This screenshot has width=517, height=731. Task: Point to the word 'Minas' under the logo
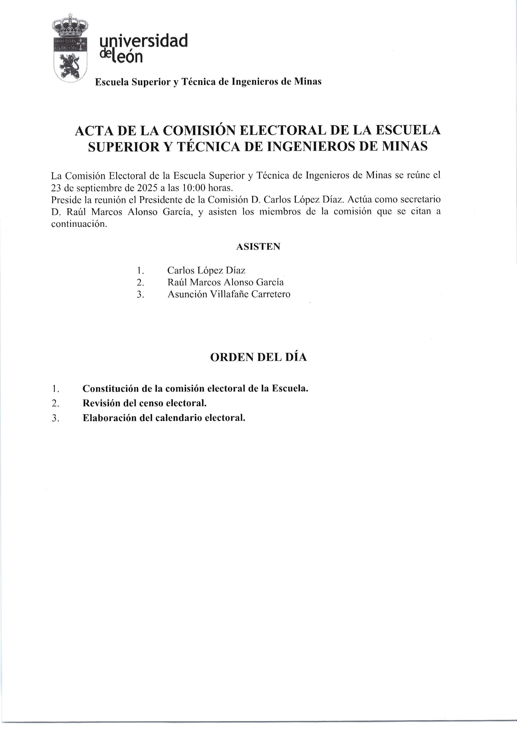tap(307, 82)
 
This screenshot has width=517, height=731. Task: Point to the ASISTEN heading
tap(258, 246)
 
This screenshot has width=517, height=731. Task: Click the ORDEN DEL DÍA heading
tap(258, 357)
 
